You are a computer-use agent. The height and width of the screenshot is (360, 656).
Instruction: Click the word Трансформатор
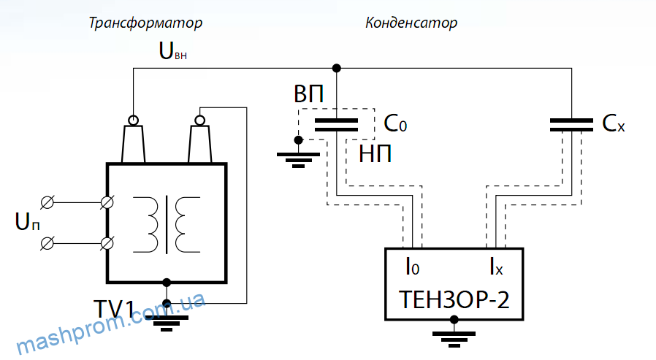tap(145, 23)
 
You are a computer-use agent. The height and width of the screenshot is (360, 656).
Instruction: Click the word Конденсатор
tap(411, 23)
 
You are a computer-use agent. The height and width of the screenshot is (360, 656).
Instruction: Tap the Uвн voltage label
tap(173, 51)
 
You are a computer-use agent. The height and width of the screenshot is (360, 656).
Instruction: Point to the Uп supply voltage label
tap(28, 221)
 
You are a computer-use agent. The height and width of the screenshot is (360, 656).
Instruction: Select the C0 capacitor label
tap(395, 123)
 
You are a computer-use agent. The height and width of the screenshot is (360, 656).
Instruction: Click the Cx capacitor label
tap(614, 123)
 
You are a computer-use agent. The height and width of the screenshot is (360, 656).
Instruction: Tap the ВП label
tap(309, 94)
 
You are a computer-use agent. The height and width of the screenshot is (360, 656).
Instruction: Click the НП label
tap(375, 154)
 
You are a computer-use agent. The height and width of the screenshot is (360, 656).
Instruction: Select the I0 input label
tap(413, 267)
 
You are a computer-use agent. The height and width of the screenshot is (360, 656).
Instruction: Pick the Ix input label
tap(497, 267)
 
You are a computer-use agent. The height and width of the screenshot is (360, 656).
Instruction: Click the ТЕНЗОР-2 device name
tap(454, 299)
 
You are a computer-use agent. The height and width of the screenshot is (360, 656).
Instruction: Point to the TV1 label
tap(114, 310)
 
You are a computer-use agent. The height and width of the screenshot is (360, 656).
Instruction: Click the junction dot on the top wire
tap(336, 68)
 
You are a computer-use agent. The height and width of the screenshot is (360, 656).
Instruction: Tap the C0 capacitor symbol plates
tap(336, 125)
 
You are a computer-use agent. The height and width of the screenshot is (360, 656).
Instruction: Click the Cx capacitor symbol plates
tap(571, 125)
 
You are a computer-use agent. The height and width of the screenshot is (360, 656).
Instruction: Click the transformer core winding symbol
tap(167, 224)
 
